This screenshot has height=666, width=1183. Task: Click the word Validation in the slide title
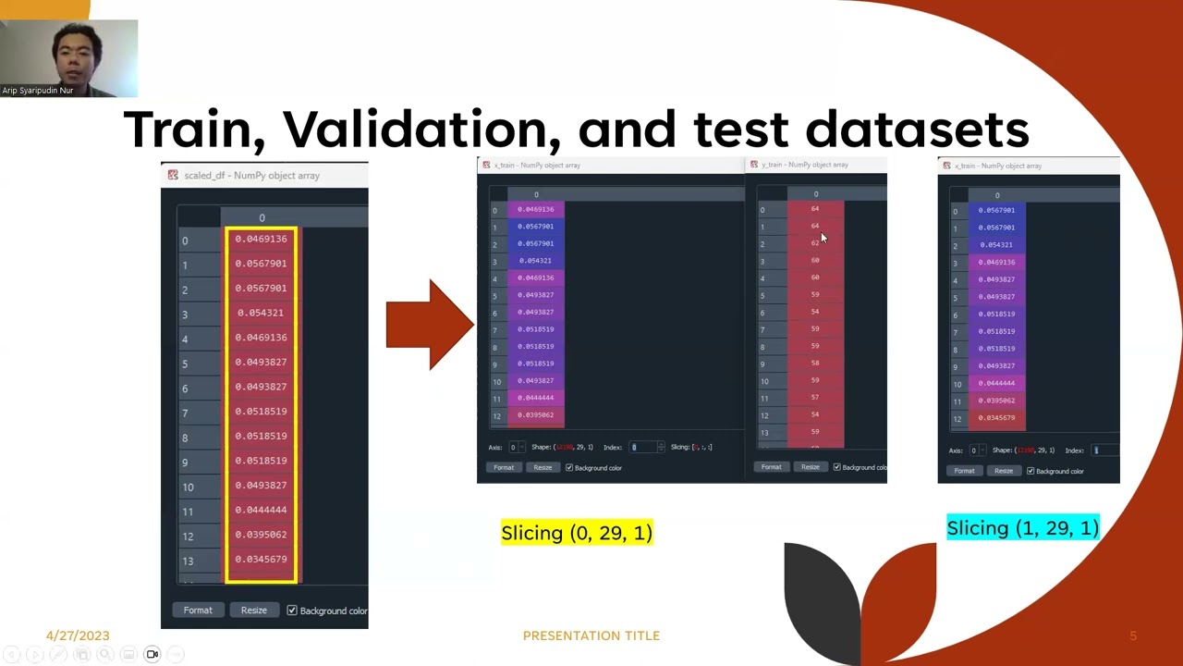pos(421,129)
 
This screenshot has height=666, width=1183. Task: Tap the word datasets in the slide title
pos(916,129)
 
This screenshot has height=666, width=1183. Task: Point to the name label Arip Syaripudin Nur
pos(38,91)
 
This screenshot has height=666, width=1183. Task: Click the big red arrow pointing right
pos(429,324)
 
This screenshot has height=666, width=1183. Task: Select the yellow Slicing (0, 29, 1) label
pos(577,533)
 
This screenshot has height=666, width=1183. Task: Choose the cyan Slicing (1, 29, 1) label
pos(1022,528)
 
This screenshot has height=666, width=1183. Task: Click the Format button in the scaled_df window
pos(198,610)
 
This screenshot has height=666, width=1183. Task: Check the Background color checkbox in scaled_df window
pos(292,610)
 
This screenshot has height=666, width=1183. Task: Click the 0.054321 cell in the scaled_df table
pos(261,313)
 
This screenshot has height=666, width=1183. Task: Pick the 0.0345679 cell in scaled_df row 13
pos(261,559)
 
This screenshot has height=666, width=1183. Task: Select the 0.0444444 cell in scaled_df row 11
pos(261,510)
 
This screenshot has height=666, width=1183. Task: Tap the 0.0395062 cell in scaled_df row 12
pos(261,535)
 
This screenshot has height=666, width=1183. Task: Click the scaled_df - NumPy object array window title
pos(251,175)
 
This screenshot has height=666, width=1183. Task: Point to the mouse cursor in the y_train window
pos(823,238)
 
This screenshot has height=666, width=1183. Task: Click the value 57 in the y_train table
pos(815,397)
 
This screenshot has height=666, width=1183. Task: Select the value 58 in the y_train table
pos(815,363)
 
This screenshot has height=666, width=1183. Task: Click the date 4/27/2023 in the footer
pos(78,635)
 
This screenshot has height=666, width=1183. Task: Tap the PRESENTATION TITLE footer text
pos(591,635)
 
